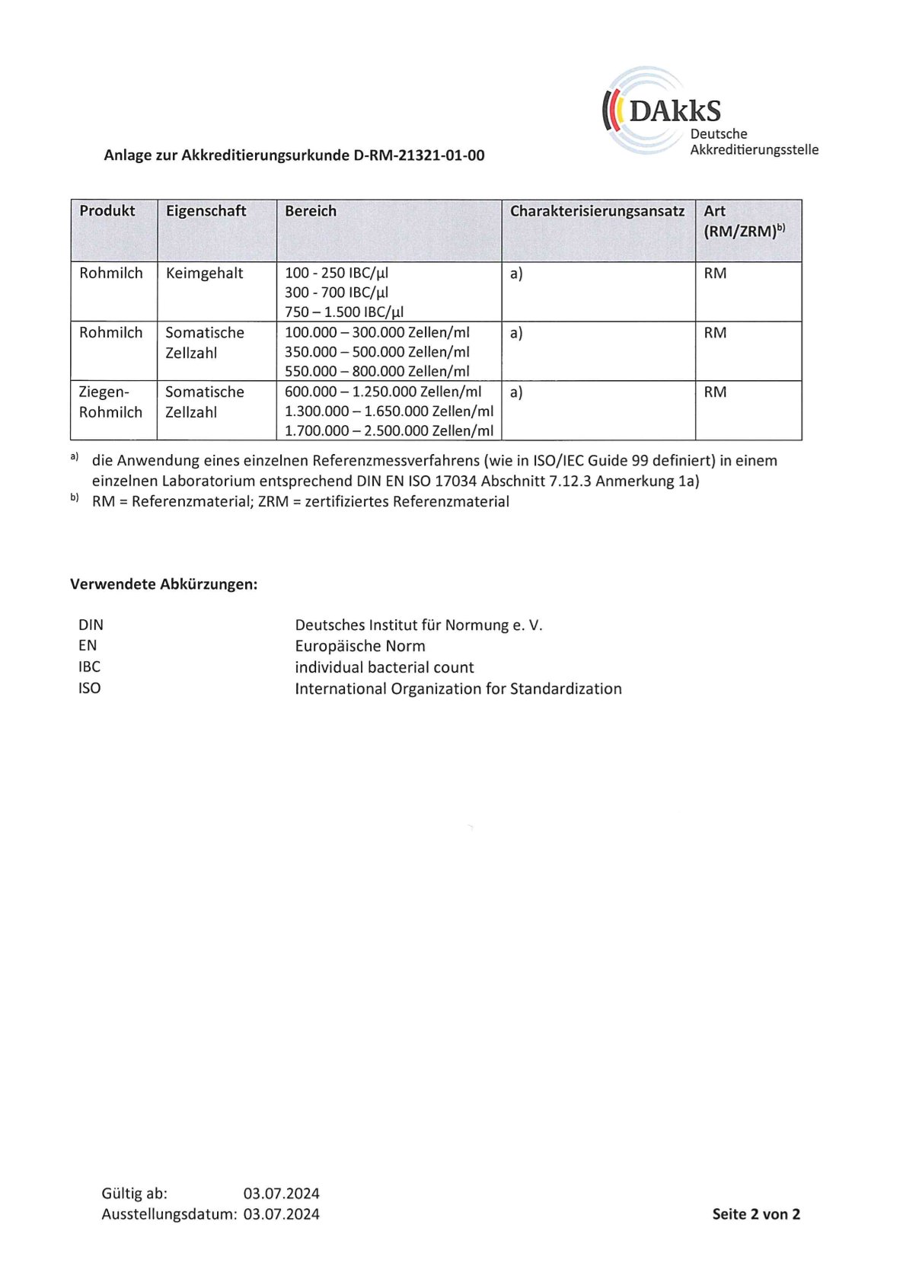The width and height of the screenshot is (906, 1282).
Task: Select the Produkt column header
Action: pyautogui.click(x=107, y=211)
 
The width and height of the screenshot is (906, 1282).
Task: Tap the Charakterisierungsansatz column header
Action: pyautogui.click(x=597, y=211)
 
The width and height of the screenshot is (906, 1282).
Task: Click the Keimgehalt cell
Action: pyautogui.click(x=204, y=273)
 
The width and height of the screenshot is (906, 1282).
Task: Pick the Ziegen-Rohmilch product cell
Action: pyautogui.click(x=111, y=402)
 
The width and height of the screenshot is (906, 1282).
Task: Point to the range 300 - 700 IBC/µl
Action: pyautogui.click(x=337, y=293)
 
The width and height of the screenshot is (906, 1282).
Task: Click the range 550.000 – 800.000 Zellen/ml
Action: pyautogui.click(x=377, y=372)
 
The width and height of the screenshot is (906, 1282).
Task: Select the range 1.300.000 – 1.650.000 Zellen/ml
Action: pyautogui.click(x=389, y=411)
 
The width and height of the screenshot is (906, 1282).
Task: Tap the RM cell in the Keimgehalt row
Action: pyautogui.click(x=715, y=273)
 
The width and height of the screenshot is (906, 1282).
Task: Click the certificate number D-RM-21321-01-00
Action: pyautogui.click(x=419, y=155)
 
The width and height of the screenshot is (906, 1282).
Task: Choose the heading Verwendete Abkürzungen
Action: pyautogui.click(x=164, y=584)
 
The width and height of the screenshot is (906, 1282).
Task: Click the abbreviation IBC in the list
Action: pyautogui.click(x=89, y=667)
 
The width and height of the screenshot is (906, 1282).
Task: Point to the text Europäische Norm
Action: pyautogui.click(x=360, y=646)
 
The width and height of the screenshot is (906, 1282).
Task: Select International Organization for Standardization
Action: pyautogui.click(x=458, y=689)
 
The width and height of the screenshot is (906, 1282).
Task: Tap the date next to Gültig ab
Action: pyautogui.click(x=282, y=1193)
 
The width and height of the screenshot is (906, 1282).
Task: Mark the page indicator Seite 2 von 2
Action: pyautogui.click(x=756, y=1214)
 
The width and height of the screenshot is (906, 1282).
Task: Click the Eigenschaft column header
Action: pyautogui.click(x=206, y=211)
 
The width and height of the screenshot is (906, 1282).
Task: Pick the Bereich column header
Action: pyautogui.click(x=311, y=211)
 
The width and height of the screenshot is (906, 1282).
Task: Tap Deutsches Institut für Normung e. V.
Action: pyautogui.click(x=419, y=625)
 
